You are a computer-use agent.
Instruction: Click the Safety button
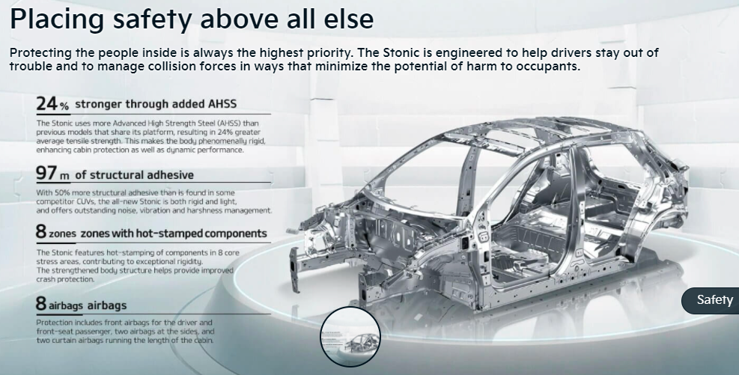(711, 300)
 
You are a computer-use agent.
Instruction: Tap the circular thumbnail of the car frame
(350, 336)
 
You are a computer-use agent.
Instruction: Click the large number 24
(46, 103)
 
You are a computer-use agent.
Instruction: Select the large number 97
(46, 174)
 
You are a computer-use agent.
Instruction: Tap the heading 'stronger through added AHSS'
(156, 103)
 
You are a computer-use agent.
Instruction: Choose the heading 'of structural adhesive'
(134, 175)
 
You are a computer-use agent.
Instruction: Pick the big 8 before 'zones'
(41, 231)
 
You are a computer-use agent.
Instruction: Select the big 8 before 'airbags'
(41, 303)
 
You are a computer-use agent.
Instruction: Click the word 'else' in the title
(349, 19)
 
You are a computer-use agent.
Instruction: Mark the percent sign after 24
(64, 107)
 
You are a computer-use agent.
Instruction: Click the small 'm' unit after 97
(64, 177)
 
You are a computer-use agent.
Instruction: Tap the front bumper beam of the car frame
(294, 267)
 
